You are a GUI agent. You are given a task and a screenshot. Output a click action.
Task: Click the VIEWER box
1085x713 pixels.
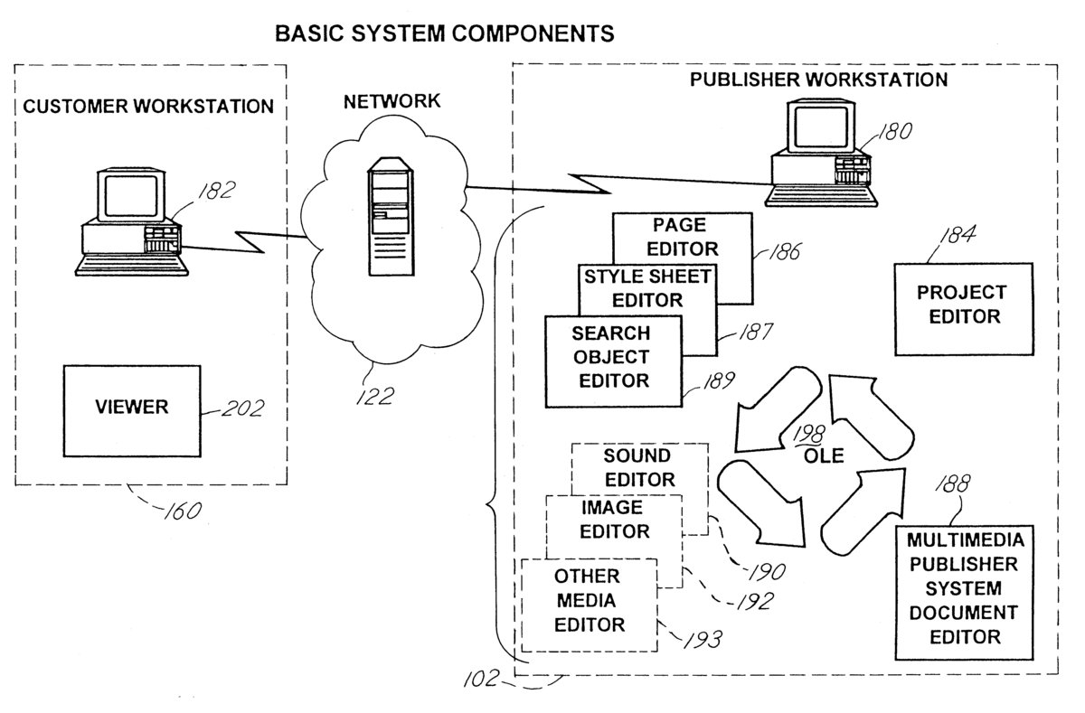pyautogui.click(x=131, y=407)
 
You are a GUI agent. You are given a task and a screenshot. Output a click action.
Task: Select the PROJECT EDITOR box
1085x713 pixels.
pyautogui.click(x=963, y=308)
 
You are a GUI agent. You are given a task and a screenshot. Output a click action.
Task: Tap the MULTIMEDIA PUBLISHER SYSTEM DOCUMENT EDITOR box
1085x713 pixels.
pyautogui.click(x=966, y=589)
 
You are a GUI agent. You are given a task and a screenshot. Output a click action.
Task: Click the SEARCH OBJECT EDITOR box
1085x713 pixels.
pyautogui.click(x=613, y=361)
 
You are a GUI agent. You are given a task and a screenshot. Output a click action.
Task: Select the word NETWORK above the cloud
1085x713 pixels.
pyautogui.click(x=392, y=101)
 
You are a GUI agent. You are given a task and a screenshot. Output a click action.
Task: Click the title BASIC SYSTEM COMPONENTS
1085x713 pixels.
pyautogui.click(x=444, y=34)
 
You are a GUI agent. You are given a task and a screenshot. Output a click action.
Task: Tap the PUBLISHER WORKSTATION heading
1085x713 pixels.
pyautogui.click(x=818, y=80)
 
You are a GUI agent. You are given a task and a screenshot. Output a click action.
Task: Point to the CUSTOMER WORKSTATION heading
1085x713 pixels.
pyautogui.click(x=148, y=107)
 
